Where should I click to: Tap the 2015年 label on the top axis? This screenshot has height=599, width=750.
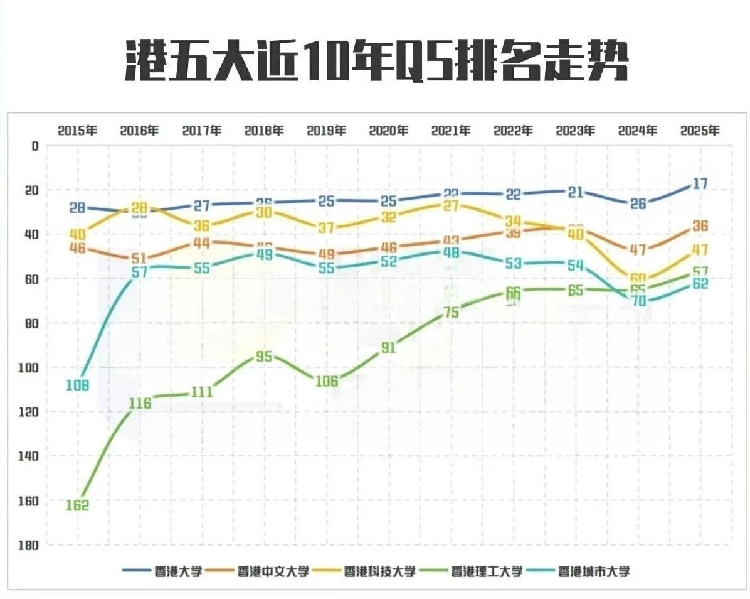coord(77,131)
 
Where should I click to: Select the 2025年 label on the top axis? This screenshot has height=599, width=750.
coord(700,131)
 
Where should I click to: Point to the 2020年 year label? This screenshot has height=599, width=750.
coord(389,131)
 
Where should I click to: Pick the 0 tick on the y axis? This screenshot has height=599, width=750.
coord(35,146)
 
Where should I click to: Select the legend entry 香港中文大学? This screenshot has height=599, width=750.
coord(273,571)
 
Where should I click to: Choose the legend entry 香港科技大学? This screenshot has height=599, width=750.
coord(380,571)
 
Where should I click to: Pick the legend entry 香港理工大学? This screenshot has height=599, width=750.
coord(487,571)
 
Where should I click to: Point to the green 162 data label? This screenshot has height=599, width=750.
coord(77,505)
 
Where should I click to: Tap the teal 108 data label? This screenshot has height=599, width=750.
coord(77,386)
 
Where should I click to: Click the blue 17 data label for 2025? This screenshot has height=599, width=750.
coord(700,184)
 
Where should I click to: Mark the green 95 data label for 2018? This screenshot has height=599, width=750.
coord(264,357)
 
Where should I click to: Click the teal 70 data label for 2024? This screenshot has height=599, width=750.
coord(638,301)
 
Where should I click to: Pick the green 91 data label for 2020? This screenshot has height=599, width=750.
coord(389,348)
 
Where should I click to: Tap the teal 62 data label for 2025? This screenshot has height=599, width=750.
coord(700,284)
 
